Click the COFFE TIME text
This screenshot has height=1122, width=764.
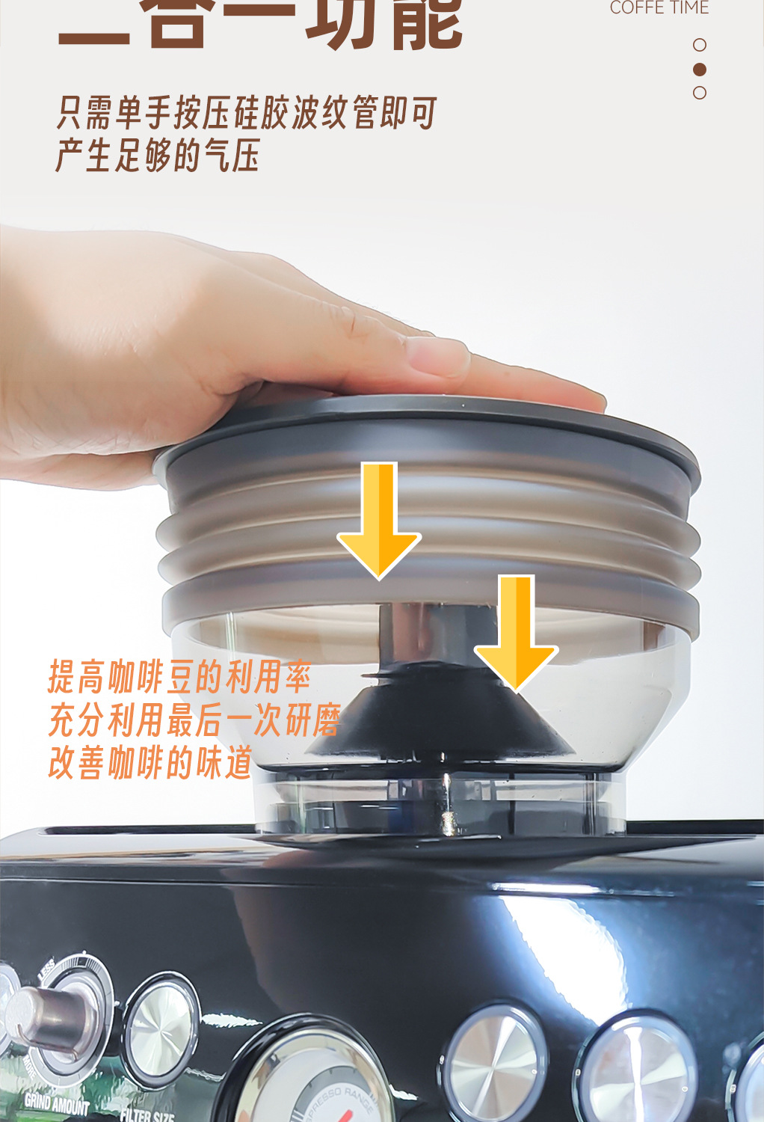point(659,8)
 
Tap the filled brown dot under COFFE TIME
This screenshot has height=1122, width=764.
point(700,69)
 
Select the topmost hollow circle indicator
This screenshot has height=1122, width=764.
point(700,45)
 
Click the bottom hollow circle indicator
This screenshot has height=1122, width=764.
point(700,93)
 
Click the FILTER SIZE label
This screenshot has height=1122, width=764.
point(147,1115)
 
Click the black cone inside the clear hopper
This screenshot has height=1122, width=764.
point(441,718)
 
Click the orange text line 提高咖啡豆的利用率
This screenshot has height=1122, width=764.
point(179,677)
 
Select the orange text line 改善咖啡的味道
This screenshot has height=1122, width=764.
point(150,763)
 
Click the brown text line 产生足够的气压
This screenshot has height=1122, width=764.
point(157,156)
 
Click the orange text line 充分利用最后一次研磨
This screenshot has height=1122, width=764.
point(194,720)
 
